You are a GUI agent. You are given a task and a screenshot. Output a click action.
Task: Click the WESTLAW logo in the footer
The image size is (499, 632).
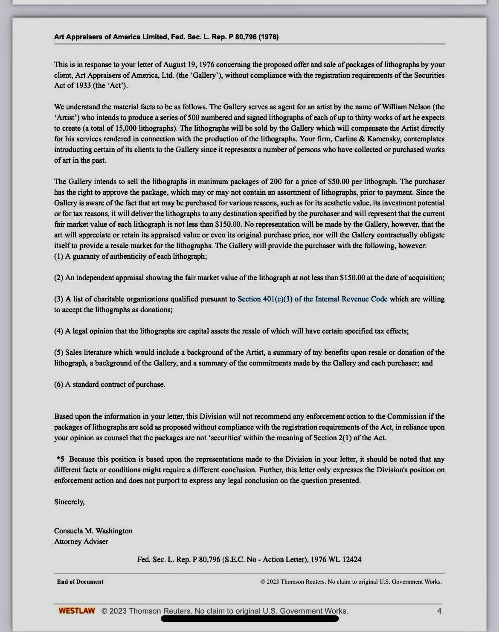pyautogui.click(x=77, y=611)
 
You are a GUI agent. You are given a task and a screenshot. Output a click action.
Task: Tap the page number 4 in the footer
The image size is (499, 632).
pyautogui.click(x=439, y=611)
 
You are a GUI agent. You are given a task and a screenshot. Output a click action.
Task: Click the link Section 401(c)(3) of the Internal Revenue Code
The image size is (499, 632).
pyautogui.click(x=312, y=299)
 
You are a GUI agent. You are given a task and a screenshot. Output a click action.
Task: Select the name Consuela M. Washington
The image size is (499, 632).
pyautogui.click(x=93, y=531)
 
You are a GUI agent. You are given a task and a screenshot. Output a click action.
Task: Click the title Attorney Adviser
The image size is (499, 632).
pyautogui.click(x=81, y=541)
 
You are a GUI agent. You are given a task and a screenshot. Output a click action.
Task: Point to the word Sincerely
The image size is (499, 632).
pyautogui.click(x=69, y=502)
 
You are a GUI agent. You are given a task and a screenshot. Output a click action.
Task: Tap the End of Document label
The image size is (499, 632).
pyautogui.click(x=80, y=582)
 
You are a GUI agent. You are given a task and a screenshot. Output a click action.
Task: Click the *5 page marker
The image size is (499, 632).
pyautogui.click(x=61, y=459)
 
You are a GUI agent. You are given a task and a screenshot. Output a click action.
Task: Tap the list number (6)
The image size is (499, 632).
pyautogui.click(x=59, y=384)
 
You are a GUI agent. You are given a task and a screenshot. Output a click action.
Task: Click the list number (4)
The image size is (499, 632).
pyautogui.click(x=59, y=331)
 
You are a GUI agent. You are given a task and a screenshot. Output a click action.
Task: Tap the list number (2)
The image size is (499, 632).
pyautogui.click(x=59, y=278)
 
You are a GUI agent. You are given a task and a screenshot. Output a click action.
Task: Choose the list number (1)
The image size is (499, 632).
pyautogui.click(x=59, y=256)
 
